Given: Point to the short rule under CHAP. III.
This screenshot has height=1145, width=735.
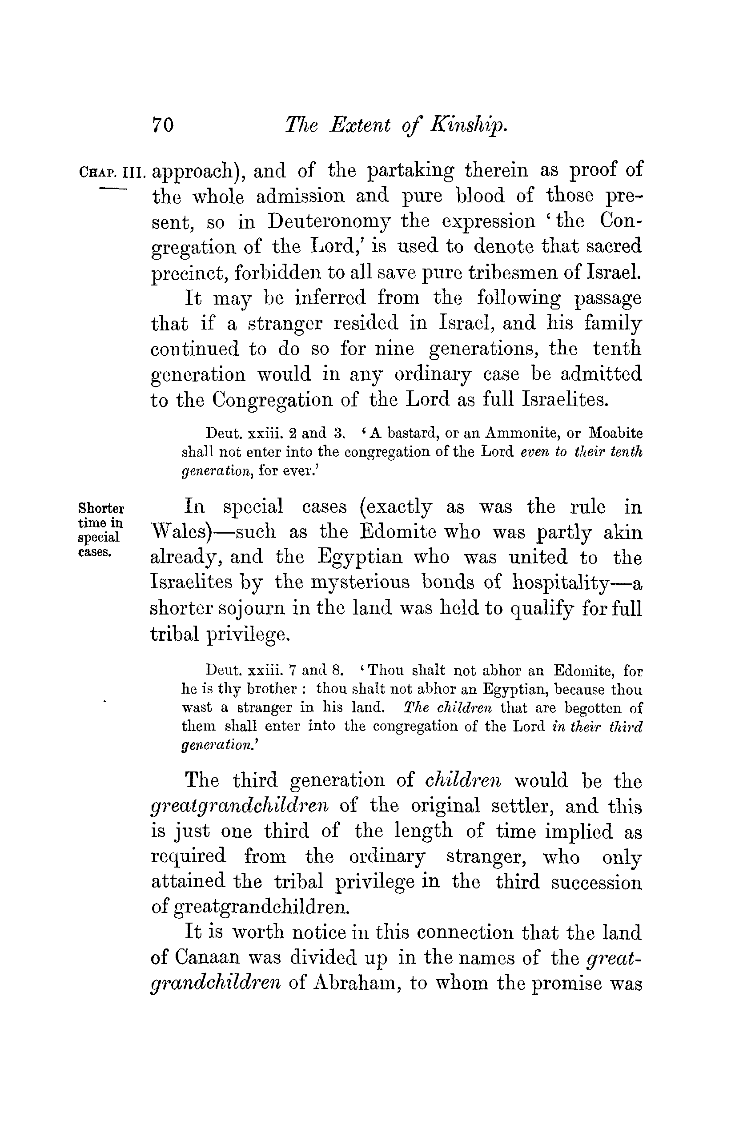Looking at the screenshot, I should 113,189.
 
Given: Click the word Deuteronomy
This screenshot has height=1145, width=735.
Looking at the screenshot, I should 329,222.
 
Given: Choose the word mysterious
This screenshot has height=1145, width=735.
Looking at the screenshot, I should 360,583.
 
